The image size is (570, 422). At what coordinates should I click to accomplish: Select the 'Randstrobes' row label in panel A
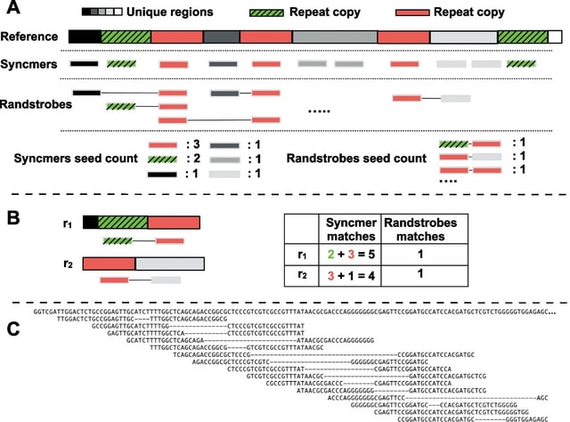point(36,104)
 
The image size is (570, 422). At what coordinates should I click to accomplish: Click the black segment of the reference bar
point(85,37)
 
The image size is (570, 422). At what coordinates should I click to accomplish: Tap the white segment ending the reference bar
point(555,37)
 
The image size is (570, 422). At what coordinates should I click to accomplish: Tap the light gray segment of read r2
point(170,264)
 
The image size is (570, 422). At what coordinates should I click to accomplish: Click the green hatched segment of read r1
point(123,223)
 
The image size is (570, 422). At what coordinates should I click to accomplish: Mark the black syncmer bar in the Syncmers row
point(85,64)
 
